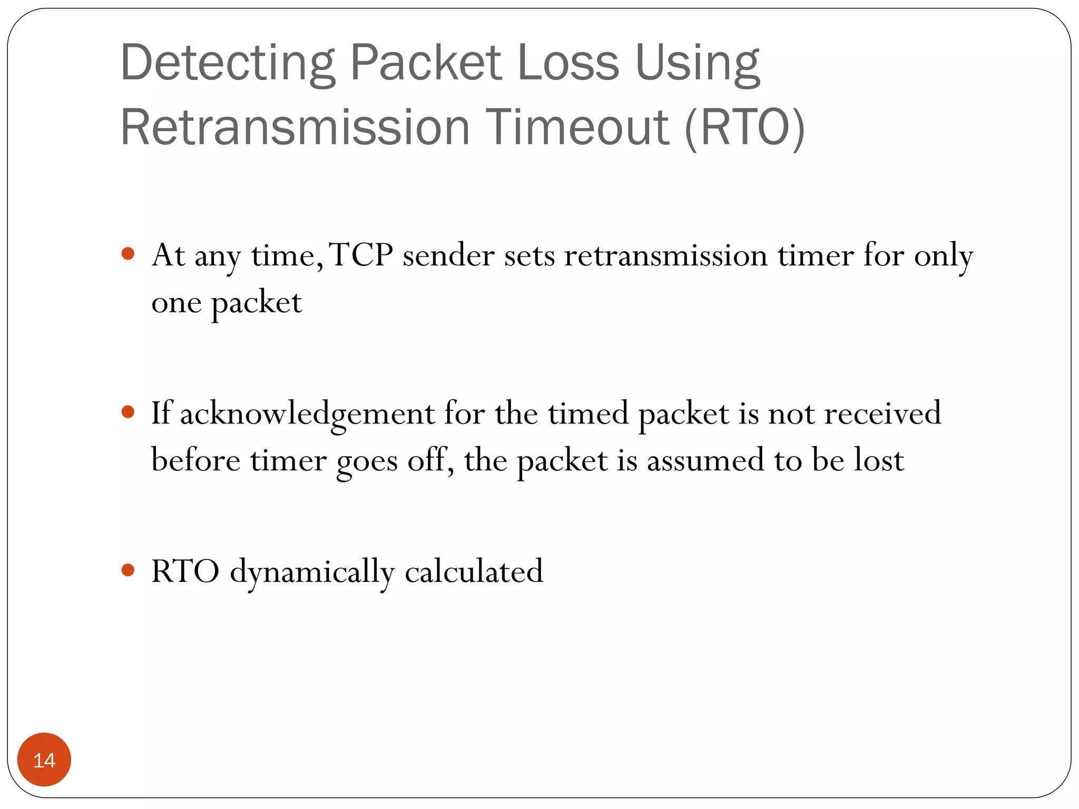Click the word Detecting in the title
tap(228, 63)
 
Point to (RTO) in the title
tap(745, 127)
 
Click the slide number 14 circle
tap(44, 759)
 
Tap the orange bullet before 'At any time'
tap(128, 254)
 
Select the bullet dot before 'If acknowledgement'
tap(128, 411)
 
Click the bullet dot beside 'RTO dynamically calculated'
tap(128, 569)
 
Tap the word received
tap(882, 413)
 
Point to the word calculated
tap(474, 571)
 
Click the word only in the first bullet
tap(943, 256)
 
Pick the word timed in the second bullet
tap(588, 413)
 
